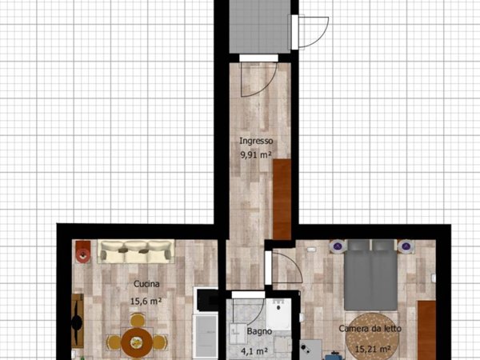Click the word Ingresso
(256, 141)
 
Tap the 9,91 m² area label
(256, 155)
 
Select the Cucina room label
(146, 284)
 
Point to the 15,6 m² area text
(146, 302)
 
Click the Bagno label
(259, 331)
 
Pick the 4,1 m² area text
(254, 351)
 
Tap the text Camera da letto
(370, 329)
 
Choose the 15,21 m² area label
(373, 348)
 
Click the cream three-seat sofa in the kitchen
(136, 251)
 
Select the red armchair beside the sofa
(82, 251)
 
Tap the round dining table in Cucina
(137, 342)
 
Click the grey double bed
(370, 275)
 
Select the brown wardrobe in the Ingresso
(282, 199)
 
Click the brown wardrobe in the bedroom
(426, 330)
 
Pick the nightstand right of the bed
(406, 246)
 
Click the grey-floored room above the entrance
(259, 26)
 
